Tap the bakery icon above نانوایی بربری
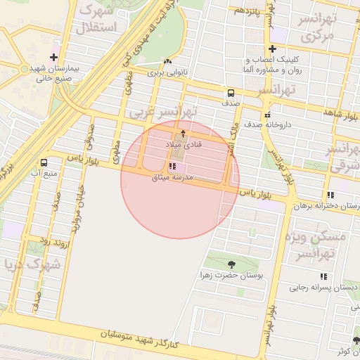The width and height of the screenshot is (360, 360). (167, 62)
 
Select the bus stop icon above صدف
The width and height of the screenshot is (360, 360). (231, 93)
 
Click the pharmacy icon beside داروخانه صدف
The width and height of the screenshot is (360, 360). (266, 115)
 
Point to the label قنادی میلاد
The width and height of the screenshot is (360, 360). (184, 143)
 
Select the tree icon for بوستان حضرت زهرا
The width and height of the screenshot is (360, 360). (231, 265)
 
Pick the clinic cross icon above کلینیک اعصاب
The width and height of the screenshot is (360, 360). (271, 49)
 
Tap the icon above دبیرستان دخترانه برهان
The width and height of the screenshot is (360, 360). (330, 195)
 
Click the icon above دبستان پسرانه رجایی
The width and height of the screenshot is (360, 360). (323, 276)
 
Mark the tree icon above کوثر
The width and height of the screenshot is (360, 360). (356, 341)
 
